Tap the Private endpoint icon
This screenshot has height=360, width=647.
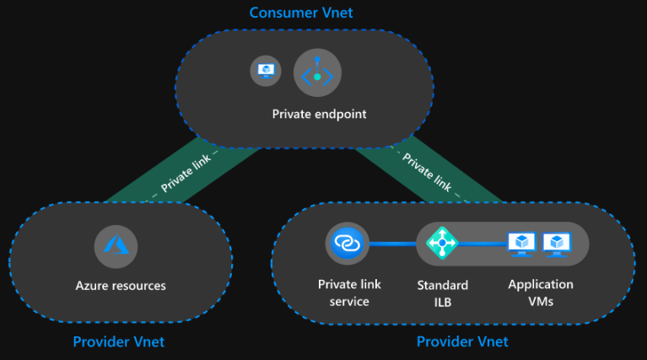tap(317, 73)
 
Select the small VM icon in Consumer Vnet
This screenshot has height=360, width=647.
tap(266, 70)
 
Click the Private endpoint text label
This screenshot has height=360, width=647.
tap(319, 114)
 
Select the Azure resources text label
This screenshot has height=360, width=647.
tap(120, 285)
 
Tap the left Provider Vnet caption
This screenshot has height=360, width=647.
tap(118, 341)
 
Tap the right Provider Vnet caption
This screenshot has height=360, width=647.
tap(462, 341)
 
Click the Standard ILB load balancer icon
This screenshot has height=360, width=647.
tap(441, 243)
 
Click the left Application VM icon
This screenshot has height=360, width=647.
tap(521, 244)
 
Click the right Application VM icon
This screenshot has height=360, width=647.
tap(557, 244)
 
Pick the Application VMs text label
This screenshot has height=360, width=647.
tap(541, 293)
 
